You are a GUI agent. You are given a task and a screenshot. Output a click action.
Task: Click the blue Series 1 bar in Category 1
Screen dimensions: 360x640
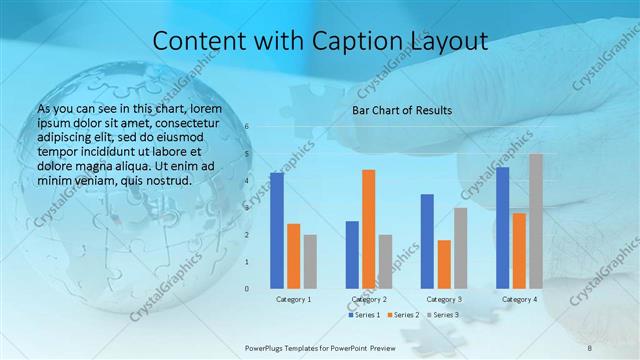(x=276, y=231)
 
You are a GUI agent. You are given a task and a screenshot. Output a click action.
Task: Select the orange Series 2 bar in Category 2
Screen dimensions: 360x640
(x=368, y=229)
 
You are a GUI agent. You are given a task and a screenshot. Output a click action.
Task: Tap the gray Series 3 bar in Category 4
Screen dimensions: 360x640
(x=536, y=221)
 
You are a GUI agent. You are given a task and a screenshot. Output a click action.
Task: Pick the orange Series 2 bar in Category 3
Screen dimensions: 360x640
(x=444, y=264)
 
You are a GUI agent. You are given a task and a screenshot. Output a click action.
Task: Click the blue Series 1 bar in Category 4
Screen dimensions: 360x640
(x=502, y=228)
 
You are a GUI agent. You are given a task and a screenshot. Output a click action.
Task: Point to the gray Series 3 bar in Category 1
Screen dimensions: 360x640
(x=310, y=261)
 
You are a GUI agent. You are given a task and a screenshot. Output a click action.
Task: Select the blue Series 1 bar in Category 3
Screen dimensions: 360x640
(x=427, y=241)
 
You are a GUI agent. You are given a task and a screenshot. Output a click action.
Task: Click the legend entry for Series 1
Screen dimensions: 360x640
(x=364, y=315)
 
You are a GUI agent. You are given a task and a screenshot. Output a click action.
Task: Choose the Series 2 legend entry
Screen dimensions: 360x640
(x=402, y=315)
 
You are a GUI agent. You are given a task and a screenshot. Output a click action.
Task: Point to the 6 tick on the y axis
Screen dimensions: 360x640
(x=247, y=127)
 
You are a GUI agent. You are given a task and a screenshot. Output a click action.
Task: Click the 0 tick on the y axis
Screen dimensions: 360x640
(x=247, y=289)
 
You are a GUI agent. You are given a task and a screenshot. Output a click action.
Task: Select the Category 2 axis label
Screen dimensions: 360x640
(x=368, y=299)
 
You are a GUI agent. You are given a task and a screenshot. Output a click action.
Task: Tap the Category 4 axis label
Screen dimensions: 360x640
(x=519, y=299)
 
